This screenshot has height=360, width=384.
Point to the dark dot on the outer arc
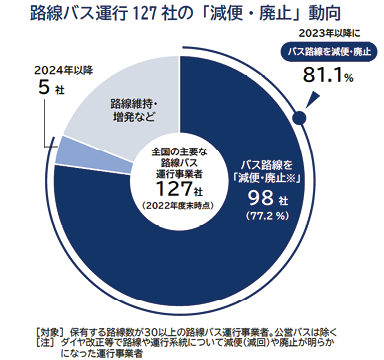[296, 115]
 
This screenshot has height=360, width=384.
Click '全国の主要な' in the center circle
[180, 152]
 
